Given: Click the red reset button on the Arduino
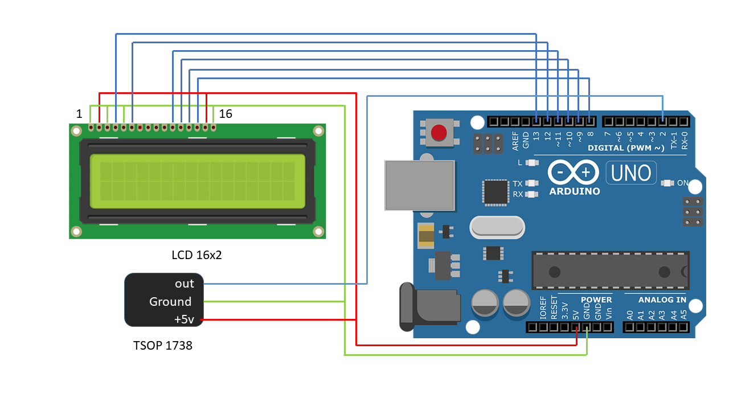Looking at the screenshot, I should click(x=439, y=133).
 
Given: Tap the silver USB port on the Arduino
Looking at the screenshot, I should click(x=420, y=185).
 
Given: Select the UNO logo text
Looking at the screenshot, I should click(x=631, y=172).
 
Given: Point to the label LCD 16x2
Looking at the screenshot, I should click(x=196, y=255).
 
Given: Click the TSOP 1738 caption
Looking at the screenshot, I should click(x=163, y=345).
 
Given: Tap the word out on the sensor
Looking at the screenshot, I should click(x=184, y=284).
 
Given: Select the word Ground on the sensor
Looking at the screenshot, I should click(x=170, y=302).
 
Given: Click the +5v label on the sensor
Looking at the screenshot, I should click(x=184, y=320).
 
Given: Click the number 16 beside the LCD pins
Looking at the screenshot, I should click(x=226, y=114).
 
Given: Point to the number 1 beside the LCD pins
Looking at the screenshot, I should click(x=79, y=114).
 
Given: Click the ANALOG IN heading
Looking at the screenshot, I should click(x=662, y=300).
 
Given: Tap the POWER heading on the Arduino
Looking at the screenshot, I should click(x=596, y=300).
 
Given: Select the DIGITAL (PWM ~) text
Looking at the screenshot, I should click(x=626, y=148).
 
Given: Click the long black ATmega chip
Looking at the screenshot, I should click(x=610, y=270).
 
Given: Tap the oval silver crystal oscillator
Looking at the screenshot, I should click(x=497, y=227).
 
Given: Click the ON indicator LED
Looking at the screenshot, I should click(x=667, y=183).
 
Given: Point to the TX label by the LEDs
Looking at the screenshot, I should click(x=518, y=184).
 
